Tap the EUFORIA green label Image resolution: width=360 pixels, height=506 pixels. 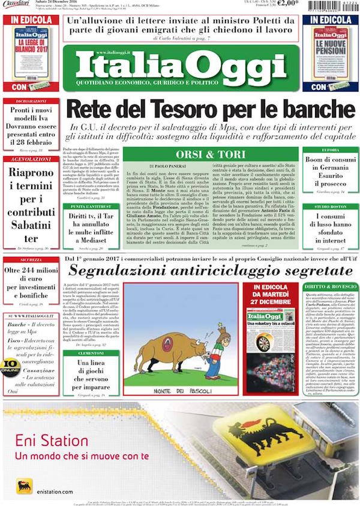[330, 149]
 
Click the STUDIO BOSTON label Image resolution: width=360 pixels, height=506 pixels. [330, 206]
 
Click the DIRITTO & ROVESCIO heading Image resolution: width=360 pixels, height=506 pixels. [330, 288]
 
